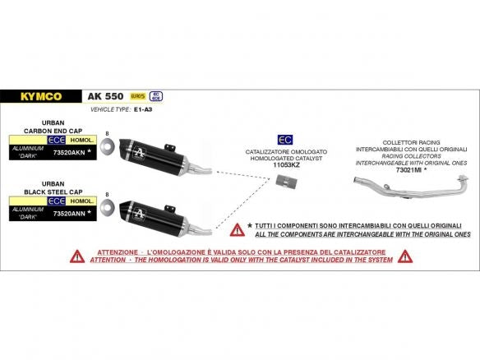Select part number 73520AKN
pyautogui.click(x=68, y=152)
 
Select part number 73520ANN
pyautogui.click(x=68, y=211)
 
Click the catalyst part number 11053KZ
pyautogui.click(x=285, y=165)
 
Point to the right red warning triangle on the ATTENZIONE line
pyautogui.click(x=404, y=256)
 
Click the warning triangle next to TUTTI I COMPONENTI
pyautogui.click(x=237, y=228)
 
